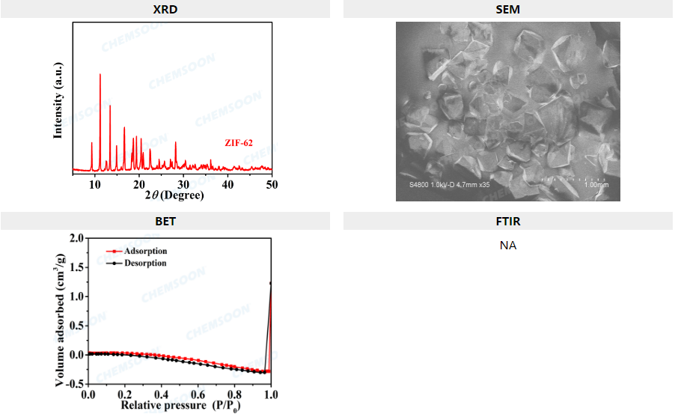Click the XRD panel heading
165,9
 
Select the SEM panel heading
508,9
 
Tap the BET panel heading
165,221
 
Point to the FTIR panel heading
508,221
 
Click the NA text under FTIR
508,245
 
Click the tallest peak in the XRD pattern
100,75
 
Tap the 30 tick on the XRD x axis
183,184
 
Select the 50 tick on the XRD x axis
272,184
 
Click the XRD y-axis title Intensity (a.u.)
58,100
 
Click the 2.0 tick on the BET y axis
76,238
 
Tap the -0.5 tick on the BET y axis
73,383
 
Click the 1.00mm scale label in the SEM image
596,185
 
